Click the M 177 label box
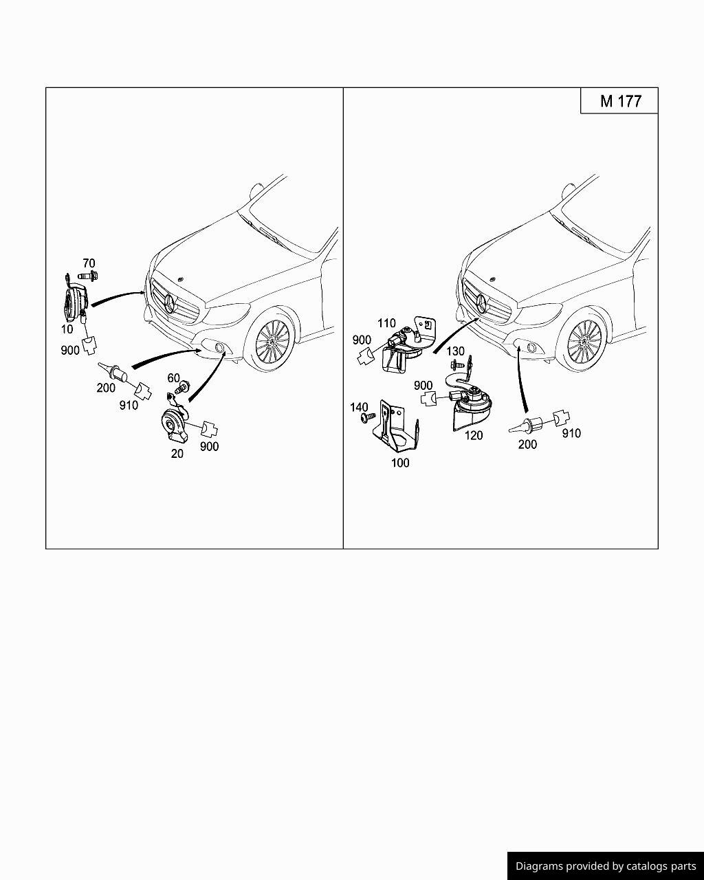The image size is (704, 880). pos(619,101)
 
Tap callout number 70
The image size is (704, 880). pos(89,263)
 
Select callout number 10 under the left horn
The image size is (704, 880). pos(67,329)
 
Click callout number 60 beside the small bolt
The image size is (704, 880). pos(173,378)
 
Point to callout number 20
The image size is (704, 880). pos(177,454)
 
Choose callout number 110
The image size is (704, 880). pos(386,323)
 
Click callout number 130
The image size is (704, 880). pos(455,351)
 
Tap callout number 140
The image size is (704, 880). pos(359,408)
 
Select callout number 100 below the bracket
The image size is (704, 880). pos(400,463)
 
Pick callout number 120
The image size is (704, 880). pos(474,435)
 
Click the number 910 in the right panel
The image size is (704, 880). pos(571,433)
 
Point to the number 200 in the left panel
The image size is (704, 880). pos(106,388)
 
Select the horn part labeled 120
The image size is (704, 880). pos(471,406)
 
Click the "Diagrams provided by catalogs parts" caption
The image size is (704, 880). pos(606,866)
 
